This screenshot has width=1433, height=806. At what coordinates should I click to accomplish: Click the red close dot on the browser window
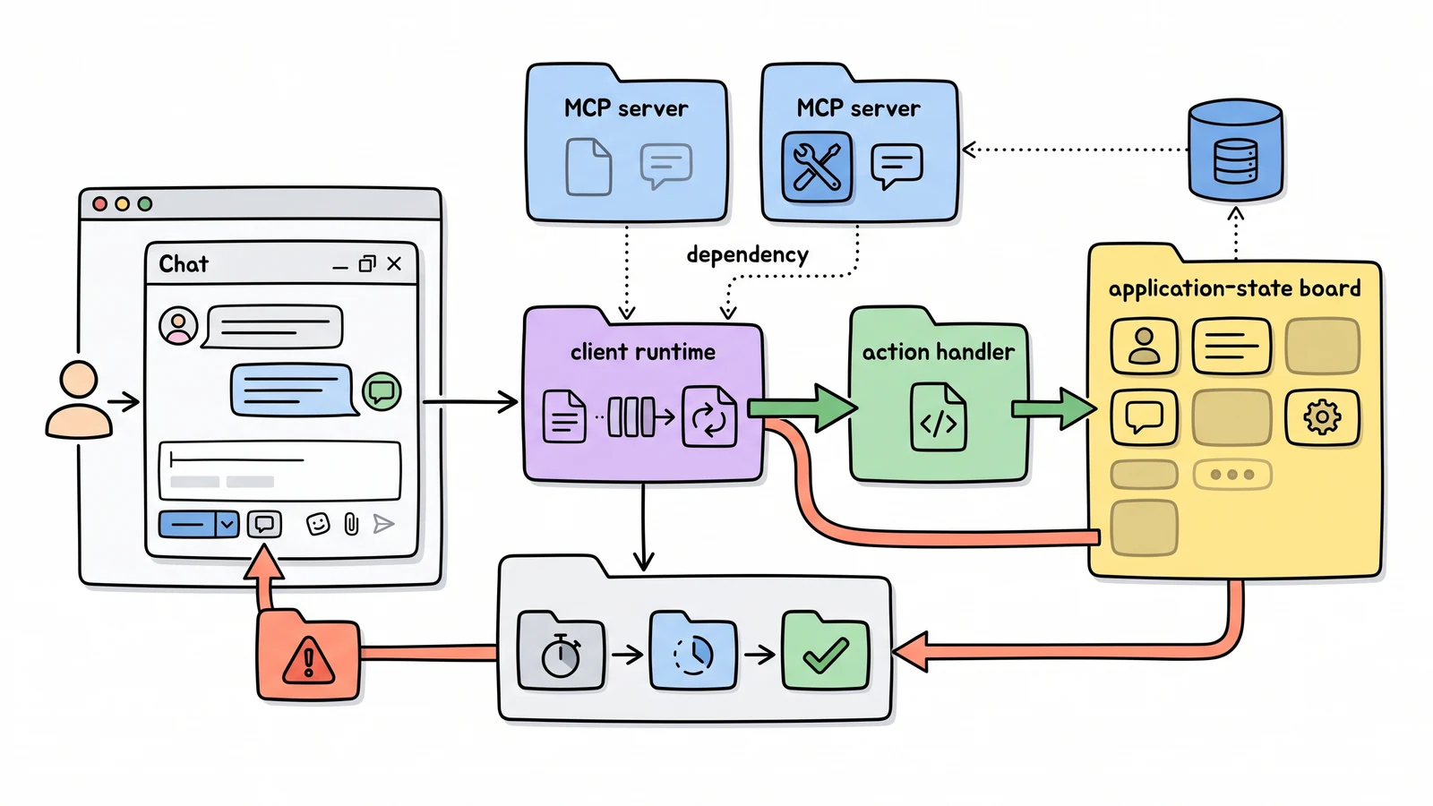pyautogui.click(x=99, y=204)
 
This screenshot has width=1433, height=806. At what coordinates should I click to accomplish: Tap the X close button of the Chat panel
pyautogui.click(x=394, y=263)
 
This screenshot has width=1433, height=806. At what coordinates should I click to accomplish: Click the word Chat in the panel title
pyautogui.click(x=184, y=264)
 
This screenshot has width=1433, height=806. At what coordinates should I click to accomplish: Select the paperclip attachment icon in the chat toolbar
pyautogui.click(x=351, y=524)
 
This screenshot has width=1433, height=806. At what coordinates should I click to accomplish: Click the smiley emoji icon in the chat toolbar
pyautogui.click(x=318, y=524)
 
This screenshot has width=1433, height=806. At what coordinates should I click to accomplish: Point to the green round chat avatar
pyautogui.click(x=382, y=391)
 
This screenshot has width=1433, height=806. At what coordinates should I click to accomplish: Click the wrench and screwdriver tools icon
pyautogui.click(x=816, y=167)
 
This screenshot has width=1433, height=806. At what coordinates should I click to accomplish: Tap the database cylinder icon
pyautogui.click(x=1235, y=150)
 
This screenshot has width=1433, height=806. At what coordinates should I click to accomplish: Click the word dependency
pyautogui.click(x=747, y=255)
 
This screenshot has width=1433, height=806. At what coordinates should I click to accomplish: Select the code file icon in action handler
pyautogui.click(x=938, y=416)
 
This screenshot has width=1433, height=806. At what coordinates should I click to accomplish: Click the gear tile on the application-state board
pyautogui.click(x=1322, y=417)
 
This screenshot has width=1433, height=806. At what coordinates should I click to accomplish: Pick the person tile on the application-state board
pyautogui.click(x=1144, y=346)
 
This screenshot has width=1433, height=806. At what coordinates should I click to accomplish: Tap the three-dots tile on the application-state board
pyautogui.click(x=1232, y=475)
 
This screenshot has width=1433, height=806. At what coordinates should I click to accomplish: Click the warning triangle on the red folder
pyautogui.click(x=308, y=660)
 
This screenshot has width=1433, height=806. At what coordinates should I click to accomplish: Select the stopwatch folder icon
pyautogui.click(x=561, y=651)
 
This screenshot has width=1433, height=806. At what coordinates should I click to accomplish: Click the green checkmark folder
pyautogui.click(x=825, y=651)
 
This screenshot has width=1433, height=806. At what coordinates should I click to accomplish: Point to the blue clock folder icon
pyautogui.click(x=693, y=651)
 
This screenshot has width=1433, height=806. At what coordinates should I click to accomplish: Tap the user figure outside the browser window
pyautogui.click(x=79, y=399)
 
